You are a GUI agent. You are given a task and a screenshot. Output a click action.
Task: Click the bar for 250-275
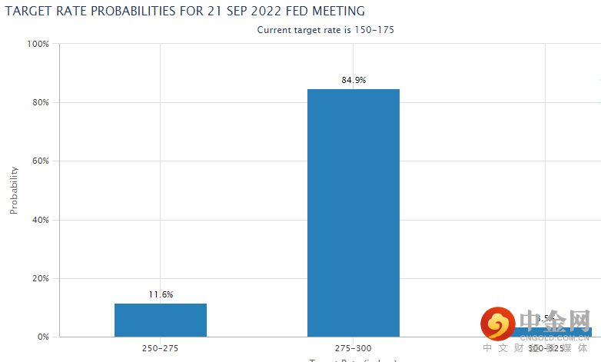(161, 320)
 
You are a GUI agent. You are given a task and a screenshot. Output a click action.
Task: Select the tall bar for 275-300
(354, 213)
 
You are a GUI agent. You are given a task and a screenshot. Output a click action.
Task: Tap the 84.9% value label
(354, 79)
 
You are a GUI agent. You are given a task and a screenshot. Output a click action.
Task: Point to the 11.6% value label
(161, 294)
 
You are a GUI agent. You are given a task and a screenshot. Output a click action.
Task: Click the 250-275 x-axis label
(161, 348)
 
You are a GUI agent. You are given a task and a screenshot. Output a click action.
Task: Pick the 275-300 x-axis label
(354, 348)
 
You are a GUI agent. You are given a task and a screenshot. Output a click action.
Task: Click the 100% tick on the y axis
(38, 45)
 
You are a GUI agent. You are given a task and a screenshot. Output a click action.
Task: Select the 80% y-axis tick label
(40, 103)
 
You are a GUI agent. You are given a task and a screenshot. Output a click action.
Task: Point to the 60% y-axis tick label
(40, 161)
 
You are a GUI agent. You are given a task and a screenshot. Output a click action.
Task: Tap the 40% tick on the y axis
(40, 220)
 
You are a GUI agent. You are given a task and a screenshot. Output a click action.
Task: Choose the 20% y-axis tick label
(40, 278)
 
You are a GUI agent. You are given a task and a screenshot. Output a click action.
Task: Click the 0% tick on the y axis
(42, 337)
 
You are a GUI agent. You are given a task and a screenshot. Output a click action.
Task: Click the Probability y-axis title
(14, 190)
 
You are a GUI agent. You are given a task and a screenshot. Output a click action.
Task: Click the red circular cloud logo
(498, 324)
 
